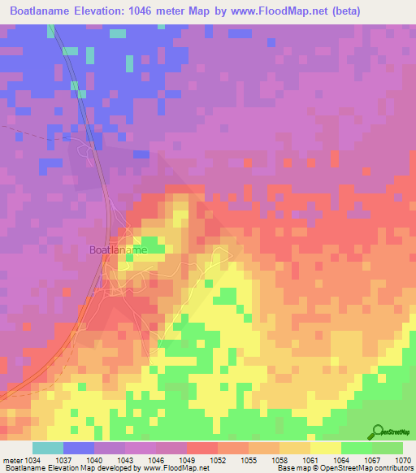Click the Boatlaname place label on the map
[118, 251]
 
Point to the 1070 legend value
[403, 459]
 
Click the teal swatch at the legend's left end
[48, 448]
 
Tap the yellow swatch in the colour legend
[325, 448]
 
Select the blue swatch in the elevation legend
[79, 448]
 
